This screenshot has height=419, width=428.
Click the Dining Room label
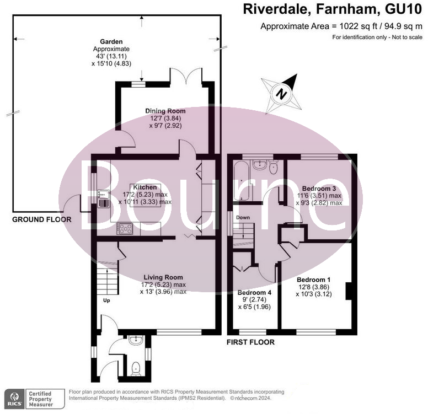[x=165, y=111]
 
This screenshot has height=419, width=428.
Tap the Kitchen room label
[x=145, y=187]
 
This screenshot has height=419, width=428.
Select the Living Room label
[x=163, y=277]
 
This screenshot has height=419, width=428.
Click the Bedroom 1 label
[x=313, y=279]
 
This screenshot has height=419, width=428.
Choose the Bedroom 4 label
[x=254, y=292]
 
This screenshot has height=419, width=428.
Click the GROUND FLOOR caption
[x=42, y=219]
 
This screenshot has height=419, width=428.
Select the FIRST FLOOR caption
[x=250, y=342]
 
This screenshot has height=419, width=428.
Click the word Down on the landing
[x=243, y=218]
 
